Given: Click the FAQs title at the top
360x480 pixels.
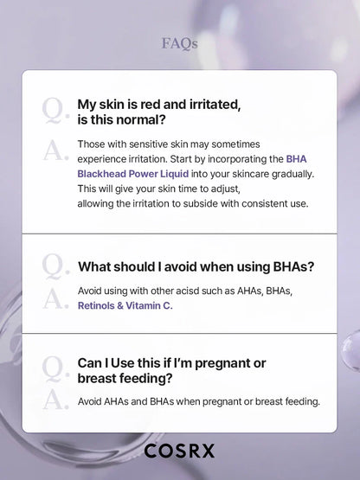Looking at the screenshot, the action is click(179, 43).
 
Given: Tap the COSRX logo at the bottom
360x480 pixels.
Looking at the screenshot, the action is click(179, 451).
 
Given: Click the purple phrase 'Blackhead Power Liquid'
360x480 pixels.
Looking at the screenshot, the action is click(133, 174).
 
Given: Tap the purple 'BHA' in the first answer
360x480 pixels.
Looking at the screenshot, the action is click(296, 159).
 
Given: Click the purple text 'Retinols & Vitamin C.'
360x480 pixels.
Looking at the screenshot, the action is click(125, 305).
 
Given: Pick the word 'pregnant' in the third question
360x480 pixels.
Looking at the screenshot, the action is click(219, 363).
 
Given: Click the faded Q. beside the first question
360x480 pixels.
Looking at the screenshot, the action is click(55, 111).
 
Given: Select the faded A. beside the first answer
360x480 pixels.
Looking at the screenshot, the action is click(55, 150).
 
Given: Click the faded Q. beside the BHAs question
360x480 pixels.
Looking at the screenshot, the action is click(55, 266).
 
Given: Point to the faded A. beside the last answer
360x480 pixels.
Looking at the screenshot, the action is click(55, 400).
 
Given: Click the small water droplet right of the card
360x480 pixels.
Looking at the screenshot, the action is click(351, 350).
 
